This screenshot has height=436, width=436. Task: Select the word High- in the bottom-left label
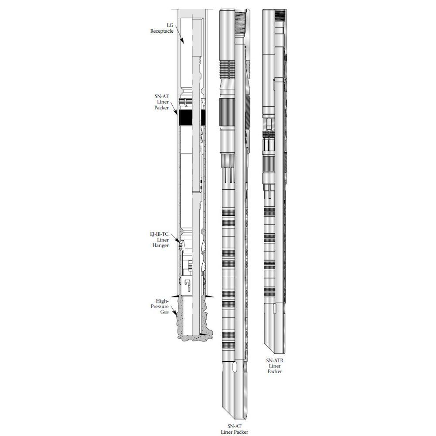pos(163,301)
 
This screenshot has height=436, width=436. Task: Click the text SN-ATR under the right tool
pos(275,361)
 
